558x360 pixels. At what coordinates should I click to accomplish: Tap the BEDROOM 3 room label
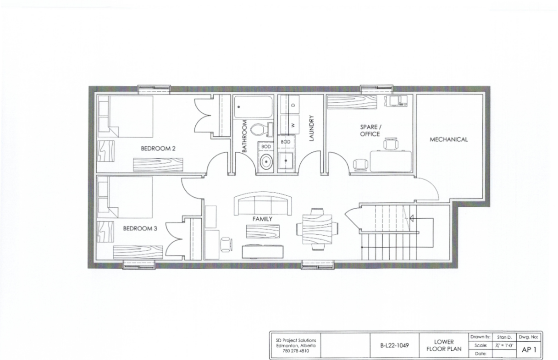(x=140, y=228)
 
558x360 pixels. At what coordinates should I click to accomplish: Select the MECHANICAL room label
(x=448, y=139)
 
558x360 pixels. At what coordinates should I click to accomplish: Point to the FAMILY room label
(x=262, y=219)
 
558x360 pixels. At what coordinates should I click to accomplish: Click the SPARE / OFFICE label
(x=370, y=131)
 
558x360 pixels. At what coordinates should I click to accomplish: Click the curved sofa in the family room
(x=262, y=204)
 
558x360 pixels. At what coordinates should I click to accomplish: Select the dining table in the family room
(x=317, y=227)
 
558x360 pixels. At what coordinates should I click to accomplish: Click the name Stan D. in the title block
(x=501, y=337)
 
